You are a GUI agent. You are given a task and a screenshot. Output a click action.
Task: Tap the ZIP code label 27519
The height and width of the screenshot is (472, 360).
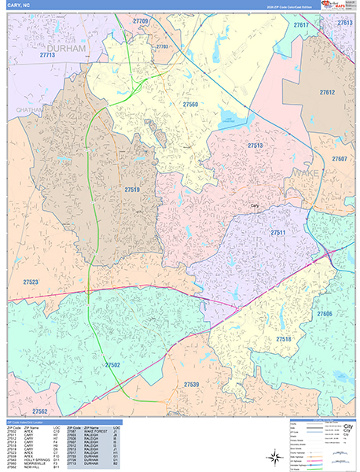pos(132,189)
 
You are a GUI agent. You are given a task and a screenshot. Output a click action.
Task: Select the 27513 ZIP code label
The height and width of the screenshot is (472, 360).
pos(255,146)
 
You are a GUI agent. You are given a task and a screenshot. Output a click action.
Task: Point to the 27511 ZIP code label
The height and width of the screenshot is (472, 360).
pos(278,233)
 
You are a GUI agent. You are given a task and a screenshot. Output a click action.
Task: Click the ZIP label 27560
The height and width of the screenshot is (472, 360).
pos(190,105)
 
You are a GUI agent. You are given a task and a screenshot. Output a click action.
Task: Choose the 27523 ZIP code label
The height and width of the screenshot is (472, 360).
pos(31,281)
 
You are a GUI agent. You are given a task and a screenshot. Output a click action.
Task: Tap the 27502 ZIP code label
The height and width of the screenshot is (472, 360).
pos(112,365)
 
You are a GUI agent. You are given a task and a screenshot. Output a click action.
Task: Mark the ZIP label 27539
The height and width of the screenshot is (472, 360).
pos(191,384)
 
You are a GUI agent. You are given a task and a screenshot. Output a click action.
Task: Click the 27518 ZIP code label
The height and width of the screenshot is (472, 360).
pos(283,339)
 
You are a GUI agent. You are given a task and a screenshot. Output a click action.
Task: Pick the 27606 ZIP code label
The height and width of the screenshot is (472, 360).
pos(325,314)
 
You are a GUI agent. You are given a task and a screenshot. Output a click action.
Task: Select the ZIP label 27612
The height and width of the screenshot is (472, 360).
pos(327,93)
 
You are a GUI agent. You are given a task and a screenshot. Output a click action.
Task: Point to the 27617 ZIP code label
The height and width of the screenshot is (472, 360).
pos(301,26)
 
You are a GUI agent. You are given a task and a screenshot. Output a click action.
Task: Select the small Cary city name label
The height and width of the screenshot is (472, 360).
pos(254,206)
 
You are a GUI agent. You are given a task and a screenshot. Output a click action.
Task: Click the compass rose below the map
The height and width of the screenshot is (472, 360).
pos(274,455)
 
